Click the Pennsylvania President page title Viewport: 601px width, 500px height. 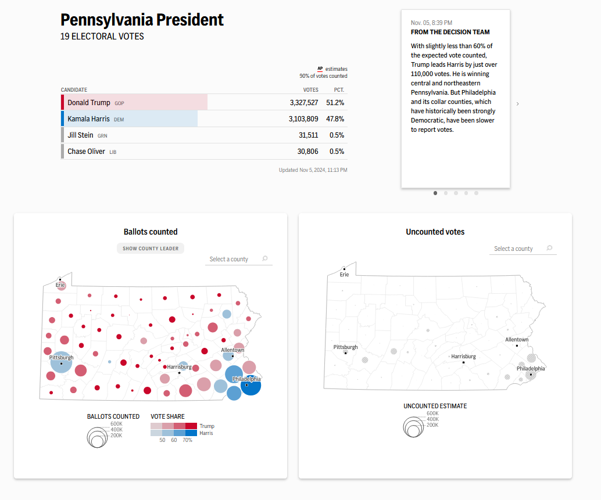click(142, 20)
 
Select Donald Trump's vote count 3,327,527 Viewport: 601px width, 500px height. click(304, 103)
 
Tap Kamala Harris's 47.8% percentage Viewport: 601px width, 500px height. click(335, 119)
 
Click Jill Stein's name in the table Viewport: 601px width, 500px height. click(80, 135)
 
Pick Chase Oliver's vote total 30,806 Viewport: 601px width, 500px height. click(308, 152)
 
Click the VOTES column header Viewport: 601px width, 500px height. click(311, 90)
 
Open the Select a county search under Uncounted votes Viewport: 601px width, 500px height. click(523, 249)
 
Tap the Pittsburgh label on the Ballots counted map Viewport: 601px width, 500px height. click(62, 357)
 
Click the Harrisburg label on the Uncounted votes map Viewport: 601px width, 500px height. click(463, 357)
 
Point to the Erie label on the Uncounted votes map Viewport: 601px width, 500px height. click(344, 275)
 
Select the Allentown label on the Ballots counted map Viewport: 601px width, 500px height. click(232, 350)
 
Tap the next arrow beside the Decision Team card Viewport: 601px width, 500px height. click(517, 104)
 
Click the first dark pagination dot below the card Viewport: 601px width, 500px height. click(435, 193)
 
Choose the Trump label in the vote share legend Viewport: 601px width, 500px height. click(207, 426)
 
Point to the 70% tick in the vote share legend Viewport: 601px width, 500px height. click(187, 440)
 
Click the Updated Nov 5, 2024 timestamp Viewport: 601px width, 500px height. click(313, 170)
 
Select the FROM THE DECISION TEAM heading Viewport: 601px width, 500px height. click(450, 32)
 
